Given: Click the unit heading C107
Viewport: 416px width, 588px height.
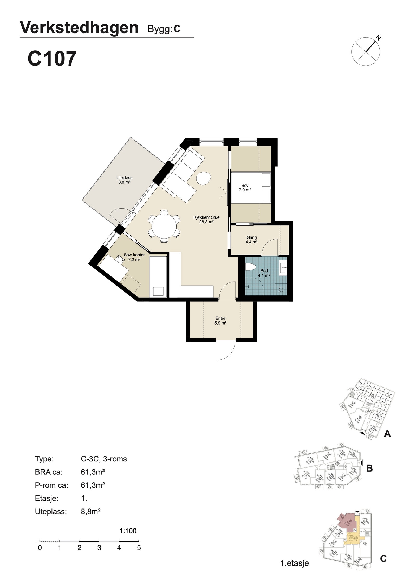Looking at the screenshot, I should (52, 59).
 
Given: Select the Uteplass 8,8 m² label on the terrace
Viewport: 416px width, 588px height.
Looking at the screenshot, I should (124, 180).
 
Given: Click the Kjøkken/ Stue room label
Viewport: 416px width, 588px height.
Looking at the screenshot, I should (206, 220).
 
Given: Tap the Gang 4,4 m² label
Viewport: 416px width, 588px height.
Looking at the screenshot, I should (251, 239).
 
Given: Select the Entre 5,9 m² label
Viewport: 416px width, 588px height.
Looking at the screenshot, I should (220, 321).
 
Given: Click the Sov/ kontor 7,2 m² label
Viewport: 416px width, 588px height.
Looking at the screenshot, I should (134, 257).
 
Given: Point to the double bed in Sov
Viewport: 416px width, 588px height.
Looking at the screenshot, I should (251, 188).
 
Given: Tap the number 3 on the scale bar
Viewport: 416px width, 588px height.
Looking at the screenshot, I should (99, 547).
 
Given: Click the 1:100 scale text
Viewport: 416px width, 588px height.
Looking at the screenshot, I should (128, 531).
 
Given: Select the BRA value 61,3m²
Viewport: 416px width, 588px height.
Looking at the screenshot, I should (93, 472).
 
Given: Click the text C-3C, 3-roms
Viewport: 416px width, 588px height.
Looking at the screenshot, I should (104, 459).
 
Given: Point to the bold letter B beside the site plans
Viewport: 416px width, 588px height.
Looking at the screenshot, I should (369, 468).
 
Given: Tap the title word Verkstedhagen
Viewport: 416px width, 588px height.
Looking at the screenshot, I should (79, 28).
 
